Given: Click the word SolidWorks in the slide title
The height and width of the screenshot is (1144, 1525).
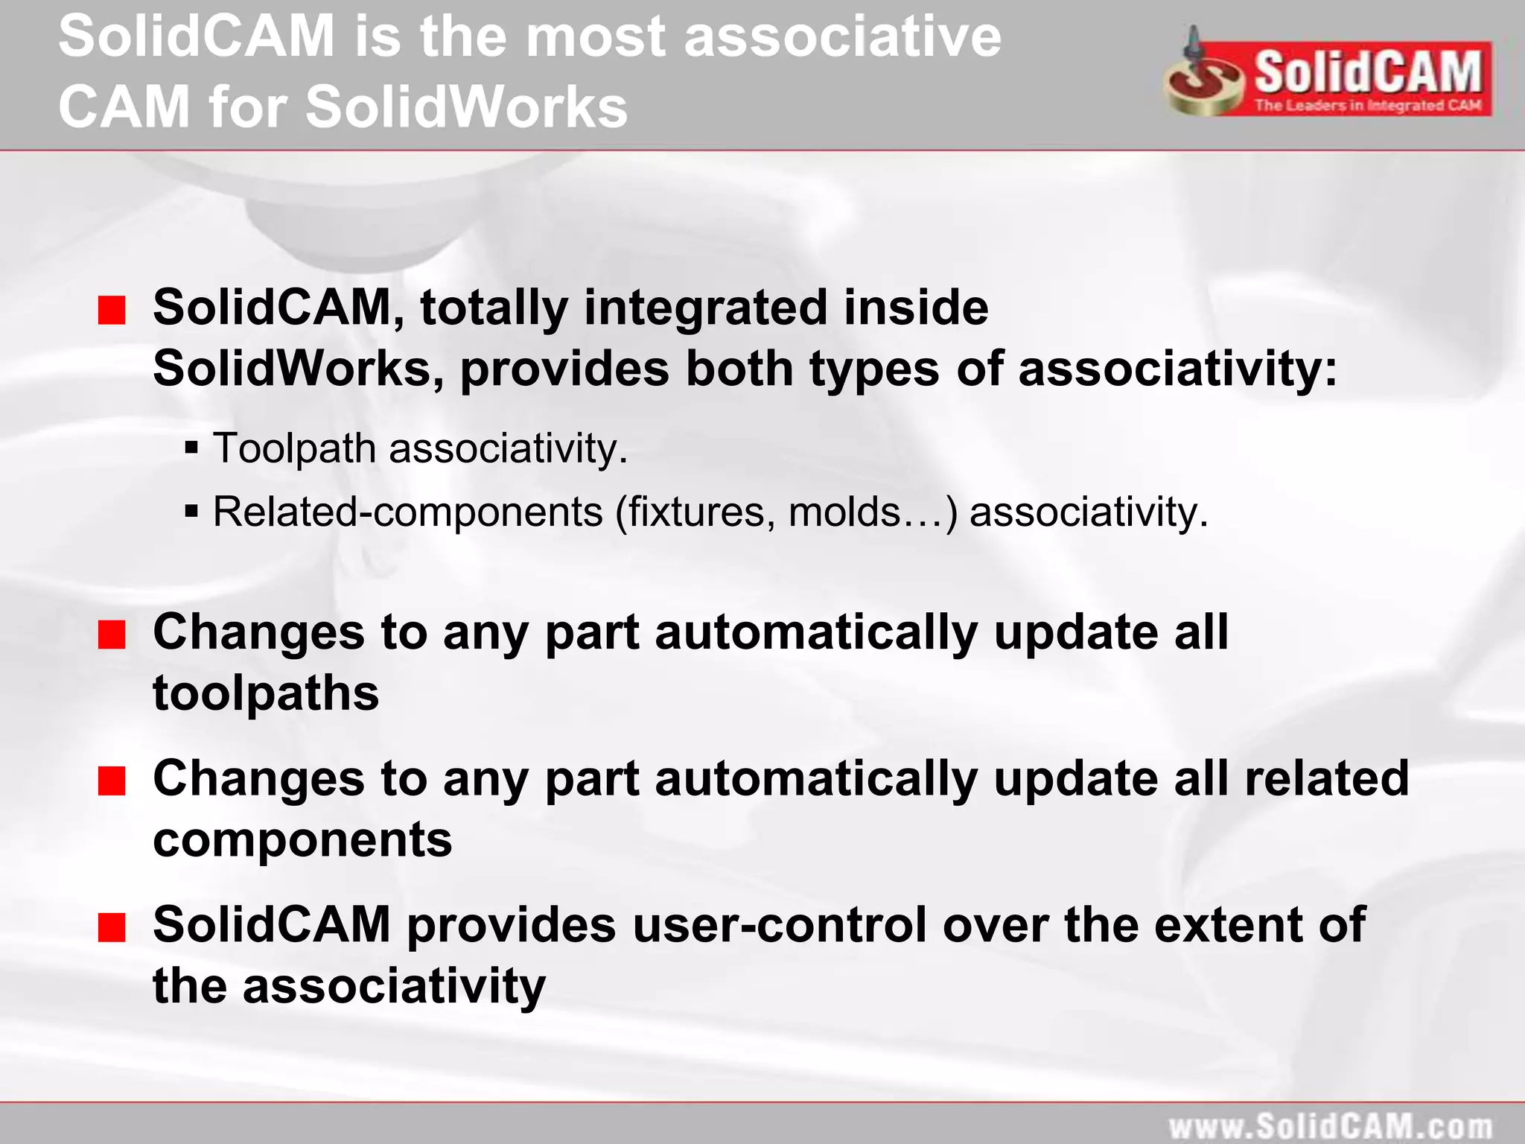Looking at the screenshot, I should coord(466,107).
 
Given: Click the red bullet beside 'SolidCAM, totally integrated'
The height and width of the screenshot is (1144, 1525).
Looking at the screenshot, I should coord(112,311).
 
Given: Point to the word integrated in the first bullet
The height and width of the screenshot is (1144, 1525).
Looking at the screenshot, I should coord(705,307).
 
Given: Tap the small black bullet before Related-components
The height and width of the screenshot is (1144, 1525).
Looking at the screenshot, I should coord(191,512).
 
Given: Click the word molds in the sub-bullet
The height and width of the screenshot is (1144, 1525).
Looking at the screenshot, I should coord(844,512).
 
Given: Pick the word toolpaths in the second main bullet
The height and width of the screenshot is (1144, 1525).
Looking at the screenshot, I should coord(266,693).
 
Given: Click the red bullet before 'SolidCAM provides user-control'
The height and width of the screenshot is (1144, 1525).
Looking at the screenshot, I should coord(112,928).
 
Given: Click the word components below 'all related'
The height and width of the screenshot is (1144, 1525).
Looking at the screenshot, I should coord(302,839).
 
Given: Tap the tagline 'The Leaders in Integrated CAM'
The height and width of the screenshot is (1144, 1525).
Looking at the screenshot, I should coord(1368,105).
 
